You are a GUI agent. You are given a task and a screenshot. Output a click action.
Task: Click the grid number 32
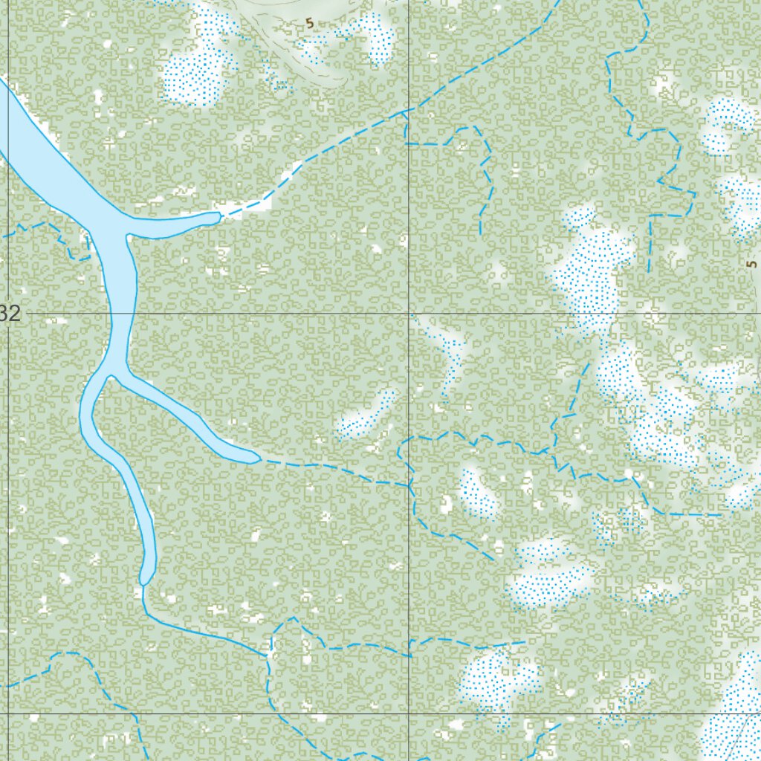(x=10, y=314)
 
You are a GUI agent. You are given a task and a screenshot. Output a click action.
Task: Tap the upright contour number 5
(x=309, y=24)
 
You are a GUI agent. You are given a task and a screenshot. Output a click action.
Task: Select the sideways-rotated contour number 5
(x=751, y=264)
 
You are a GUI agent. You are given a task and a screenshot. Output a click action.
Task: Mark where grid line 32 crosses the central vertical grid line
(x=409, y=314)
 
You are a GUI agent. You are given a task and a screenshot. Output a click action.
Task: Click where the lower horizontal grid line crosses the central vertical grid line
(x=409, y=713)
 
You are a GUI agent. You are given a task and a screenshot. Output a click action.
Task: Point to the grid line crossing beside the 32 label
(x=8, y=314)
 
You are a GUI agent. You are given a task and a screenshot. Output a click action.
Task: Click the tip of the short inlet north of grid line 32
(x=218, y=217)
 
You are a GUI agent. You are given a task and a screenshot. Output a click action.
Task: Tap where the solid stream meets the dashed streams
(x=268, y=655)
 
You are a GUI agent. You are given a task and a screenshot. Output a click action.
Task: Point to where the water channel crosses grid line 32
(x=122, y=314)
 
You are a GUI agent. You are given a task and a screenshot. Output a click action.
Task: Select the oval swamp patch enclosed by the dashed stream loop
(x=477, y=492)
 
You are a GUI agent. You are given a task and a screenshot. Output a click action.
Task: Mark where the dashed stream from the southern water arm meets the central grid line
(x=409, y=485)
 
